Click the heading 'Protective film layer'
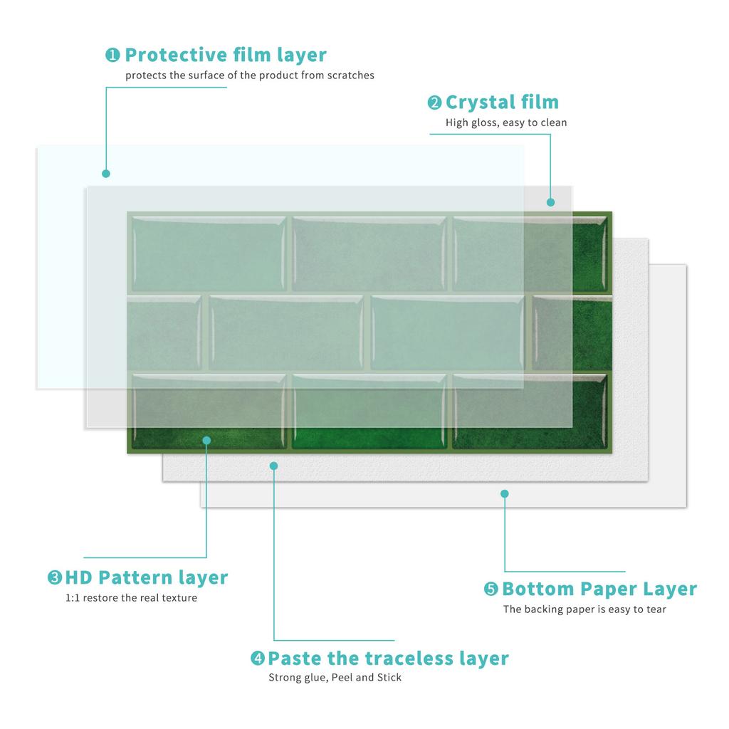click(x=226, y=56)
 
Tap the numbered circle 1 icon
click(x=112, y=55)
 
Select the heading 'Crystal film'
click(x=502, y=103)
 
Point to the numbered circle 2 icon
click(x=434, y=103)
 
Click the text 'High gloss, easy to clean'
click(x=506, y=122)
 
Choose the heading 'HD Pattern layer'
click(x=147, y=578)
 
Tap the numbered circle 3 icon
click(x=55, y=577)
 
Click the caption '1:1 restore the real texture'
click(x=131, y=598)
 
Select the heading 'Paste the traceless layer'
click(x=388, y=659)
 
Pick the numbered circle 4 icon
click(x=258, y=658)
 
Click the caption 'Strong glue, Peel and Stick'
click(x=335, y=678)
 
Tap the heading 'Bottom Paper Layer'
click(x=599, y=589)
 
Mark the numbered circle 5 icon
click(x=491, y=589)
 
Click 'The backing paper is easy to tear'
click(x=584, y=609)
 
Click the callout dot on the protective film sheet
click(x=106, y=174)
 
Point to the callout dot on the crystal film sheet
click(x=551, y=202)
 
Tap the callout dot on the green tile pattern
click(x=207, y=440)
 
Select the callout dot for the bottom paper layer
click(x=505, y=494)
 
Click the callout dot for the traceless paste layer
click(x=274, y=466)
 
